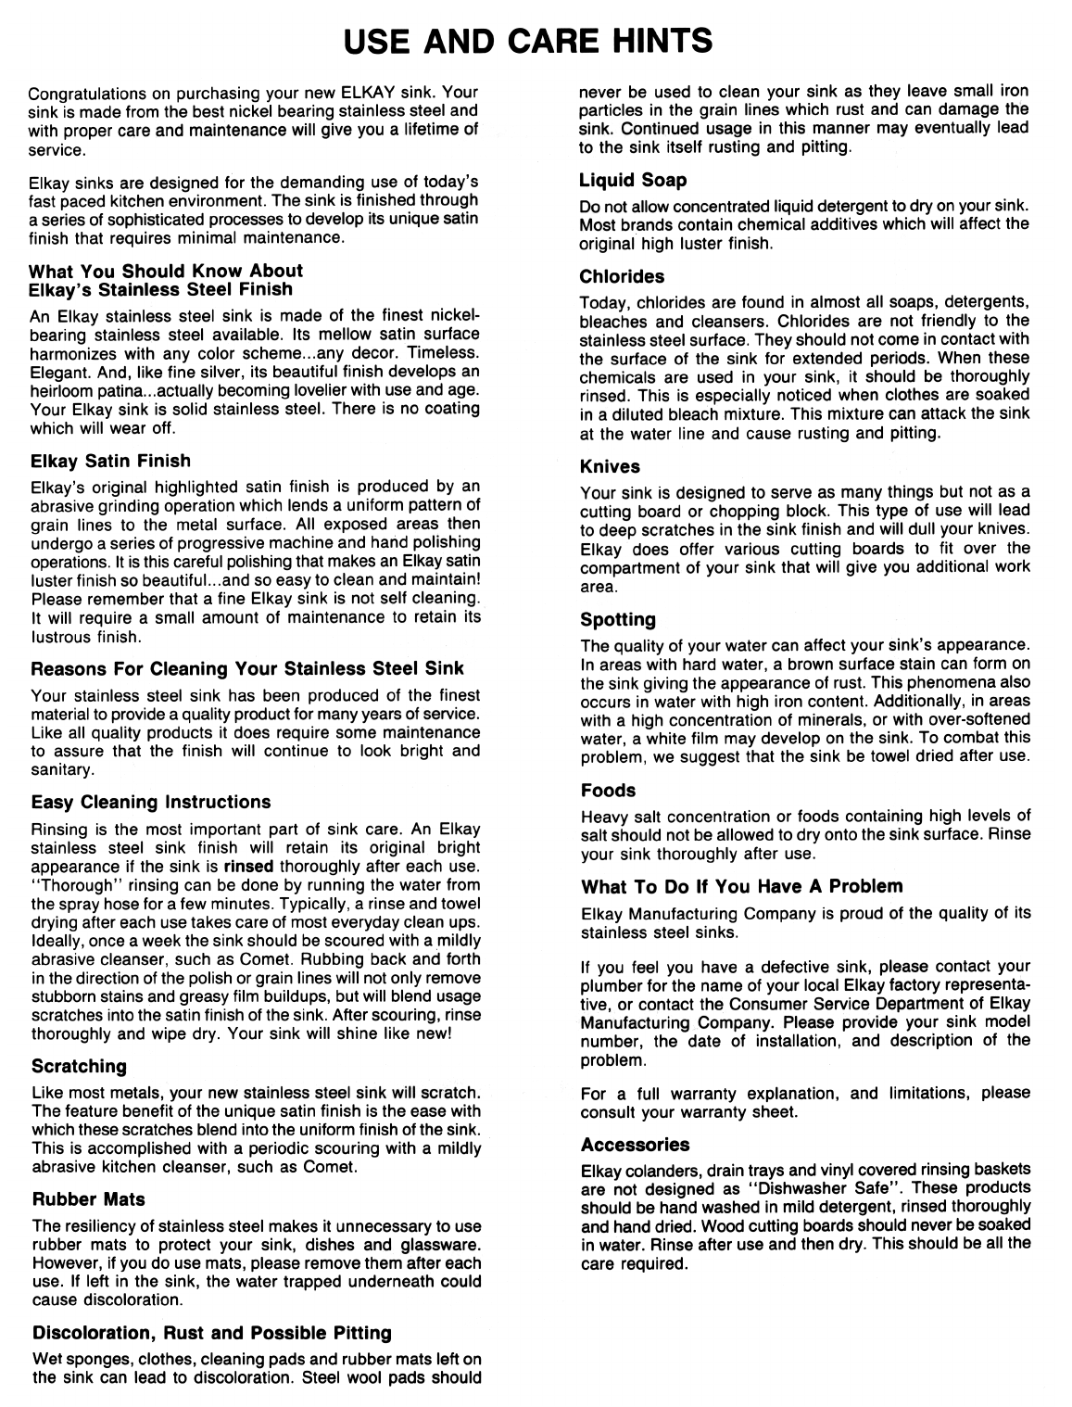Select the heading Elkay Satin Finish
pyautogui.click(x=110, y=461)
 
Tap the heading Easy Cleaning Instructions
pyautogui.click(x=151, y=802)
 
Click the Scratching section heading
pyautogui.click(x=79, y=1067)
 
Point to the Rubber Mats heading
pyautogui.click(x=88, y=1199)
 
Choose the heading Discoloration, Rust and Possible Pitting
pyautogui.click(x=212, y=1333)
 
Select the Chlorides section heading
pyautogui.click(x=622, y=276)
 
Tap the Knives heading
pyautogui.click(x=610, y=466)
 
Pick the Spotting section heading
pyautogui.click(x=618, y=619)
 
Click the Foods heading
pyautogui.click(x=608, y=791)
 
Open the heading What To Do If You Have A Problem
pyautogui.click(x=741, y=886)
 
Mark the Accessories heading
pyautogui.click(x=635, y=1145)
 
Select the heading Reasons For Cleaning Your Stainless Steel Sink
pyautogui.click(x=247, y=668)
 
